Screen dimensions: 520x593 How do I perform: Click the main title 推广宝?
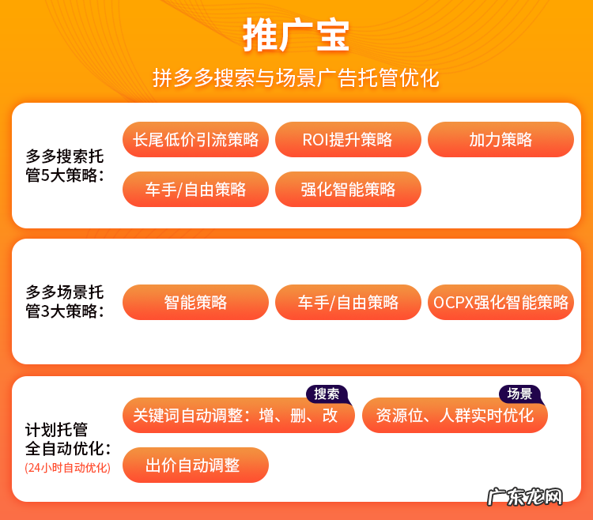coord(296,36)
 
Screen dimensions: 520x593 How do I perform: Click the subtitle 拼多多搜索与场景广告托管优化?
coord(296,78)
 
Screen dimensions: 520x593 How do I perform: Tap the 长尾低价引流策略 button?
coord(195,140)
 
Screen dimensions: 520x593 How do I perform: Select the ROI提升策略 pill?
coord(348,140)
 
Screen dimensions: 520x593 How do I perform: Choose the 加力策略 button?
coord(500,140)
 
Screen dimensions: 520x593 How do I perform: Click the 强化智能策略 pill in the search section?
coord(348,190)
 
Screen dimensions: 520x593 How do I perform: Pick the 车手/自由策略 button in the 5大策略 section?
coord(195,190)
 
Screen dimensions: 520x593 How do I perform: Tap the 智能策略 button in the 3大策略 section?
coord(195,302)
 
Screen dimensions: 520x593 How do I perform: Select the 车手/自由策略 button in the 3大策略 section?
coord(348,302)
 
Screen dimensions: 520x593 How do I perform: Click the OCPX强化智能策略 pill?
coord(500,302)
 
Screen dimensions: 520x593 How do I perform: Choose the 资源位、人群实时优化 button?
coord(455,416)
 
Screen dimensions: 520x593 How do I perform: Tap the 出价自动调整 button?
coord(195,465)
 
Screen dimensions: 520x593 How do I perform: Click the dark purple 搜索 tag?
coord(327,394)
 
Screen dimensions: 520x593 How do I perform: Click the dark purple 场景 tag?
coord(519,394)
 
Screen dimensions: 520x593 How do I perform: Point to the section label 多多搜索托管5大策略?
coord(65,165)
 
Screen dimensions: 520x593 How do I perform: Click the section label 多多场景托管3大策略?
coord(65,301)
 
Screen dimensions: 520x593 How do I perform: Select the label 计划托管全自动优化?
coord(67,439)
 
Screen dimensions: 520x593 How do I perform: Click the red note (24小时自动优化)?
coord(67,468)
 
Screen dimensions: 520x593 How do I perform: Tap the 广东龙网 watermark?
coord(525,497)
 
